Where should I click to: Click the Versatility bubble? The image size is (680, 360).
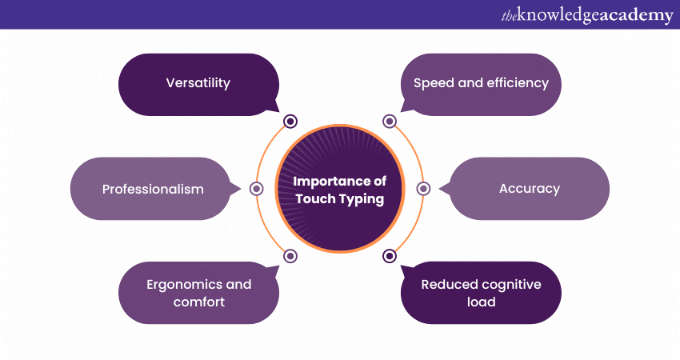[198, 84]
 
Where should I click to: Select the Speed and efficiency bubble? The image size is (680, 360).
[481, 84]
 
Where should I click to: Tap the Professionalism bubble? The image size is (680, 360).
[152, 189]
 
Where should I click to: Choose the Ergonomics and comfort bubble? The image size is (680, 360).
[198, 293]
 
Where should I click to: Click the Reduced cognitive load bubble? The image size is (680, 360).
[482, 293]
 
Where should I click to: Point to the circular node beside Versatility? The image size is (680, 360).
[290, 122]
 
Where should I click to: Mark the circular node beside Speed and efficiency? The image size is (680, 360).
[390, 122]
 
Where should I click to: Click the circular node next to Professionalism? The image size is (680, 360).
[257, 189]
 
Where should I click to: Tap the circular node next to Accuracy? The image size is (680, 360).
[423, 189]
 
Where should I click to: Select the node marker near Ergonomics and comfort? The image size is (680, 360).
[290, 256]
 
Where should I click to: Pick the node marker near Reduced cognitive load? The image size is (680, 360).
[390, 256]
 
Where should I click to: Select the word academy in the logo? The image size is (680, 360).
[635, 14]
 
